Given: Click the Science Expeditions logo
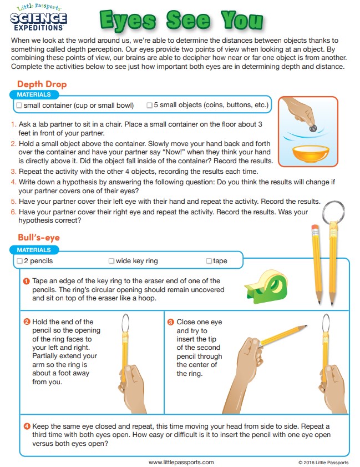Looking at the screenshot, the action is pyautogui.click(x=38, y=18).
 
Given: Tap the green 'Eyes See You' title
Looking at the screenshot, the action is pyautogui.click(x=181, y=20).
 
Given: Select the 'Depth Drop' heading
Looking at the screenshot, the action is pyautogui.click(x=42, y=84).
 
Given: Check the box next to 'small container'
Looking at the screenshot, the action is pyautogui.click(x=19, y=106).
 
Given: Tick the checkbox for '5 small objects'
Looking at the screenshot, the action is pyautogui.click(x=149, y=105).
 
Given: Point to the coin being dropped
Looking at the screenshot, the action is pyautogui.click(x=313, y=129).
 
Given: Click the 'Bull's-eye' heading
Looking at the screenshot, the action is pyautogui.click(x=39, y=237).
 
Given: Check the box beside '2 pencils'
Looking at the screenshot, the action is pyautogui.click(x=19, y=261).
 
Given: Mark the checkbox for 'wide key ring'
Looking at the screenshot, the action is pyautogui.click(x=111, y=261).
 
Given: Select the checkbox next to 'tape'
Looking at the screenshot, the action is pyautogui.click(x=209, y=261).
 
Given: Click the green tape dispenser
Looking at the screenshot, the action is pyautogui.click(x=266, y=287).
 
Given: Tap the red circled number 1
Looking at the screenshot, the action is pyautogui.click(x=27, y=281).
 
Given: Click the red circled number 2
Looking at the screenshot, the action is pyautogui.click(x=27, y=322).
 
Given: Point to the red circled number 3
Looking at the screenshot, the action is pyautogui.click(x=171, y=322).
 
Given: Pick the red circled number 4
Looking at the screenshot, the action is pyautogui.click(x=27, y=426).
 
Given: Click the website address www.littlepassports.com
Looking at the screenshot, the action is pyautogui.click(x=181, y=462).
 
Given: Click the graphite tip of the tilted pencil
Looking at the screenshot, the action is pyautogui.click(x=306, y=326).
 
